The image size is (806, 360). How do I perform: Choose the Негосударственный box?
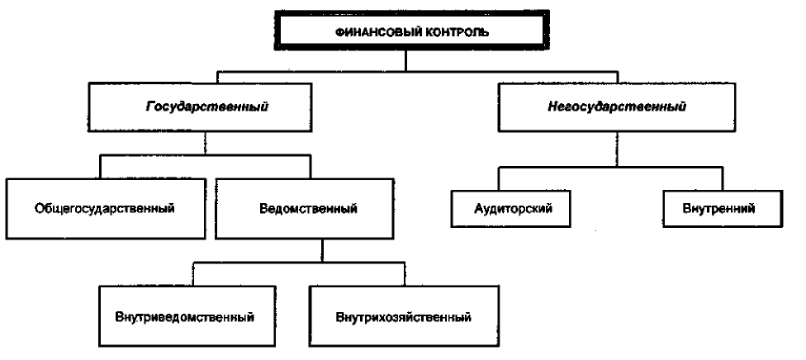click(x=617, y=107)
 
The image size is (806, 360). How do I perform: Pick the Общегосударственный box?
click(x=106, y=208)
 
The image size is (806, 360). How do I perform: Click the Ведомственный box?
click(x=305, y=208)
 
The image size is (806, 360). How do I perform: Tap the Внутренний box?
click(x=723, y=209)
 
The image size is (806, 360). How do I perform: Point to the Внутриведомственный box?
click(x=185, y=316)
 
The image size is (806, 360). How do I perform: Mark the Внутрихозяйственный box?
click(x=404, y=316)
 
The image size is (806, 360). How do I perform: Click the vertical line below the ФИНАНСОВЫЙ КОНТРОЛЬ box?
click(x=406, y=60)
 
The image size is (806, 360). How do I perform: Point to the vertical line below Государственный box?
click(x=206, y=144)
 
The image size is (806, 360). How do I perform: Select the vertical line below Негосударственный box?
click(x=617, y=149)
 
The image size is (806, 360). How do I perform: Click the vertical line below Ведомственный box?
click(x=322, y=250)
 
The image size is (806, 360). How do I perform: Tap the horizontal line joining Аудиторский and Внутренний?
click(x=610, y=167)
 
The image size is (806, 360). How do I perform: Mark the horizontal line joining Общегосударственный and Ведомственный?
click(x=205, y=154)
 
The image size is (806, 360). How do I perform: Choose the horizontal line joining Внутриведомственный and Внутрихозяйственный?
click(x=298, y=263)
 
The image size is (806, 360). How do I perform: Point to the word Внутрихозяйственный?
click(x=404, y=317)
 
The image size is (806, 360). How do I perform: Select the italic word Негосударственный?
click(x=617, y=107)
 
